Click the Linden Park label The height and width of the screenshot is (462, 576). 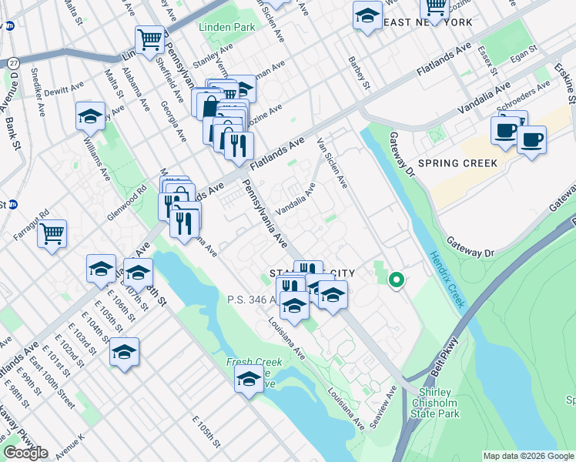point(226,27)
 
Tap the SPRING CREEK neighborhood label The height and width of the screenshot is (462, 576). point(460,164)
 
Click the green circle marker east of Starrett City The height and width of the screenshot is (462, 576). point(397,280)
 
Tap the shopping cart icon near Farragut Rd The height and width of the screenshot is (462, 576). point(52,233)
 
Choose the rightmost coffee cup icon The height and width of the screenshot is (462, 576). point(531,141)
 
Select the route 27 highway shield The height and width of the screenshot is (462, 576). point(13,62)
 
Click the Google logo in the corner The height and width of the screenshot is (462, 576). point(25,453)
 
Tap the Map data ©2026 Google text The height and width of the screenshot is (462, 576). point(527,456)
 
